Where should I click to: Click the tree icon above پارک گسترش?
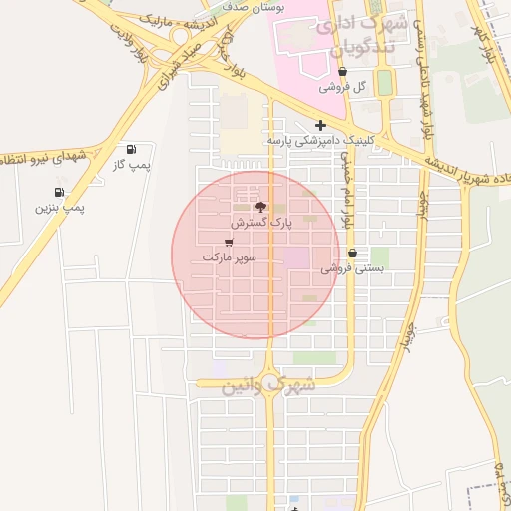(x=261, y=207)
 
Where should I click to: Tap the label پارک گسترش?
(x=261, y=223)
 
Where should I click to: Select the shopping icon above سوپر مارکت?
(x=230, y=242)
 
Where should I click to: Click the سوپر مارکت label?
(x=230, y=257)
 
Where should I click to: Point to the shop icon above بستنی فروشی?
(x=352, y=253)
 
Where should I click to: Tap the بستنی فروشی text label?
(x=350, y=268)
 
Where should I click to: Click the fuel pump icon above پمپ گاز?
(x=133, y=149)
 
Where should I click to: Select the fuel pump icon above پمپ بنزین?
(x=59, y=192)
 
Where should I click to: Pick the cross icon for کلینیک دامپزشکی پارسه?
(x=320, y=125)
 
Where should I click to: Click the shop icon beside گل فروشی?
(x=343, y=72)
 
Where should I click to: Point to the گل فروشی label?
(x=343, y=87)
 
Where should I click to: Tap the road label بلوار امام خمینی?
(x=346, y=189)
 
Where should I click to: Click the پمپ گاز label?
(x=131, y=164)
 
